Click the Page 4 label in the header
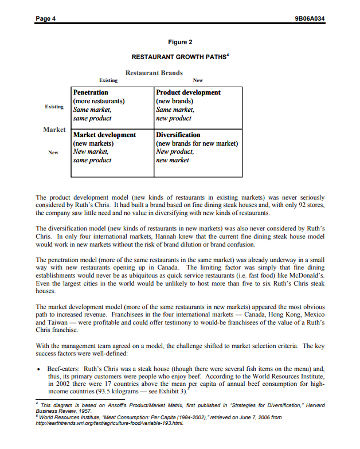tap(46, 18)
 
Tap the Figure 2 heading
tap(180, 42)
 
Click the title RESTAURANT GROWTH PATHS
tap(179, 57)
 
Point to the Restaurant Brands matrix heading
tap(154, 73)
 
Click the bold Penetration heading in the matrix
tap(91, 92)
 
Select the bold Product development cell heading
tap(188, 92)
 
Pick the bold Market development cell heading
tap(104, 135)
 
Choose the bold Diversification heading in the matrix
tap(178, 135)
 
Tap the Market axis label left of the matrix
tap(54, 130)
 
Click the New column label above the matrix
tap(198, 81)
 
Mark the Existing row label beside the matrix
tap(54, 107)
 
